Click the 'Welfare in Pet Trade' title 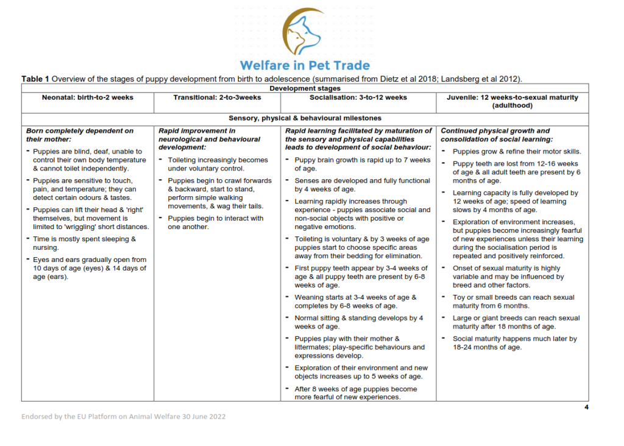pyautogui.click(x=305, y=65)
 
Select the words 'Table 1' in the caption pyautogui.click(x=35, y=79)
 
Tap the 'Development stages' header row pyautogui.click(x=305, y=88)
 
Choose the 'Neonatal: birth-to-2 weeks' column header pyautogui.click(x=88, y=97)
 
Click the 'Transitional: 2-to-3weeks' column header pyautogui.click(x=217, y=97)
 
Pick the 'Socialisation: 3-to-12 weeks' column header pyautogui.click(x=358, y=97)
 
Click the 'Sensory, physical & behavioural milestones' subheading pyautogui.click(x=305, y=118)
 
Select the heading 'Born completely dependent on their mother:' pyautogui.click(x=80, y=135)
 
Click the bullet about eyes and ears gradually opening pyautogui.click(x=89, y=268)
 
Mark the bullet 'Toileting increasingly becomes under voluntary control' pyautogui.click(x=218, y=164)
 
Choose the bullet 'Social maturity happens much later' pyautogui.click(x=514, y=342)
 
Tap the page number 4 pyautogui.click(x=586, y=407)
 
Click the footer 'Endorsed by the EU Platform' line pyautogui.click(x=124, y=417)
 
